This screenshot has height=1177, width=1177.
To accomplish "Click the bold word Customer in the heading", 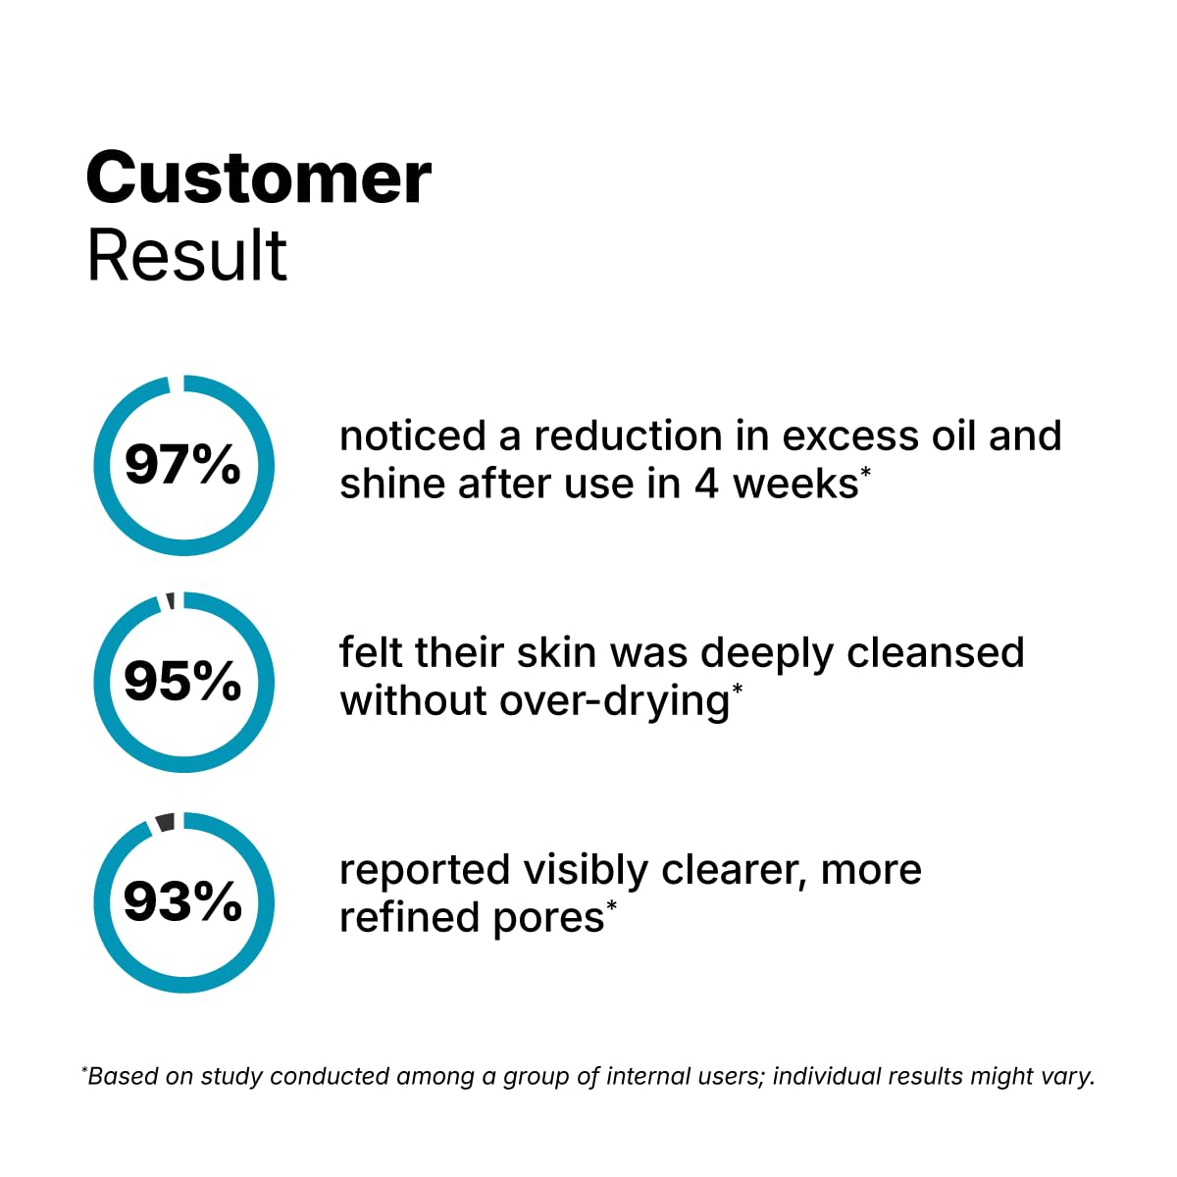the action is pos(258,179).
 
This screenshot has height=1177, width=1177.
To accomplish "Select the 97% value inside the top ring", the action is pos(182,465).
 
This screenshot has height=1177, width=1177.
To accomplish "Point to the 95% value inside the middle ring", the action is pos(182,681).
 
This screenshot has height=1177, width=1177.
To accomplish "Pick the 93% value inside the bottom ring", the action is pos(182,901).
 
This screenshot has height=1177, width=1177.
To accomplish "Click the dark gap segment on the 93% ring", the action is pos(166,822).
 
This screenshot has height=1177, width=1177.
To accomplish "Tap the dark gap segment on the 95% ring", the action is pos(171,601).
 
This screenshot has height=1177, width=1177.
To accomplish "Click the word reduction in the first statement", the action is pos(628,436).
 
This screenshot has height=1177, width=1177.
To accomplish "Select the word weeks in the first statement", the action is pos(795,485).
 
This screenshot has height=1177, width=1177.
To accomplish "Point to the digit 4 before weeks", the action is pos(706,485).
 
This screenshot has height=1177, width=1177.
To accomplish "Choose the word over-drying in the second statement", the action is pos(614,702).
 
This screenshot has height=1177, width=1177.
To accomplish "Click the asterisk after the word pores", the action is pos(611,906).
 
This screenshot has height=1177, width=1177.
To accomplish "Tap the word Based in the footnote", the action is pos(123,1076).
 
